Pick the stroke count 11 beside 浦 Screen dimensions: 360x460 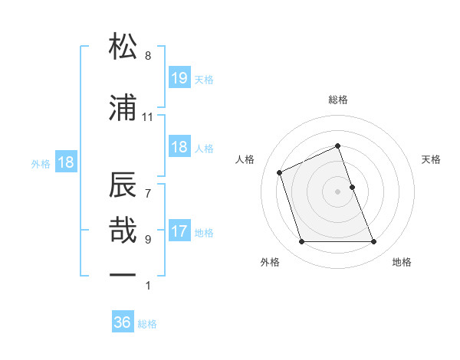point(147,117)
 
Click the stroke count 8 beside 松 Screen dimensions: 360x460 point(147,56)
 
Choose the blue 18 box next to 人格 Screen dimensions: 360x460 point(179,147)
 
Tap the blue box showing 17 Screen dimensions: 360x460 point(179,231)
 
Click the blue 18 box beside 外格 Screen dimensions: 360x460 point(66,162)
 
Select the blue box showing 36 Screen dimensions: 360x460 point(123,322)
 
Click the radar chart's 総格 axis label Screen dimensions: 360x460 point(338,100)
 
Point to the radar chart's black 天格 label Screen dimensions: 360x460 point(432,159)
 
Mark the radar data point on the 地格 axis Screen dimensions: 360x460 point(374,242)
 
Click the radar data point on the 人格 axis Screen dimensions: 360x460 point(280,172)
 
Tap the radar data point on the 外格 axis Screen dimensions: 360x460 point(301,242)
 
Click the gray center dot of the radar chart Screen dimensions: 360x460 point(338,191)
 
